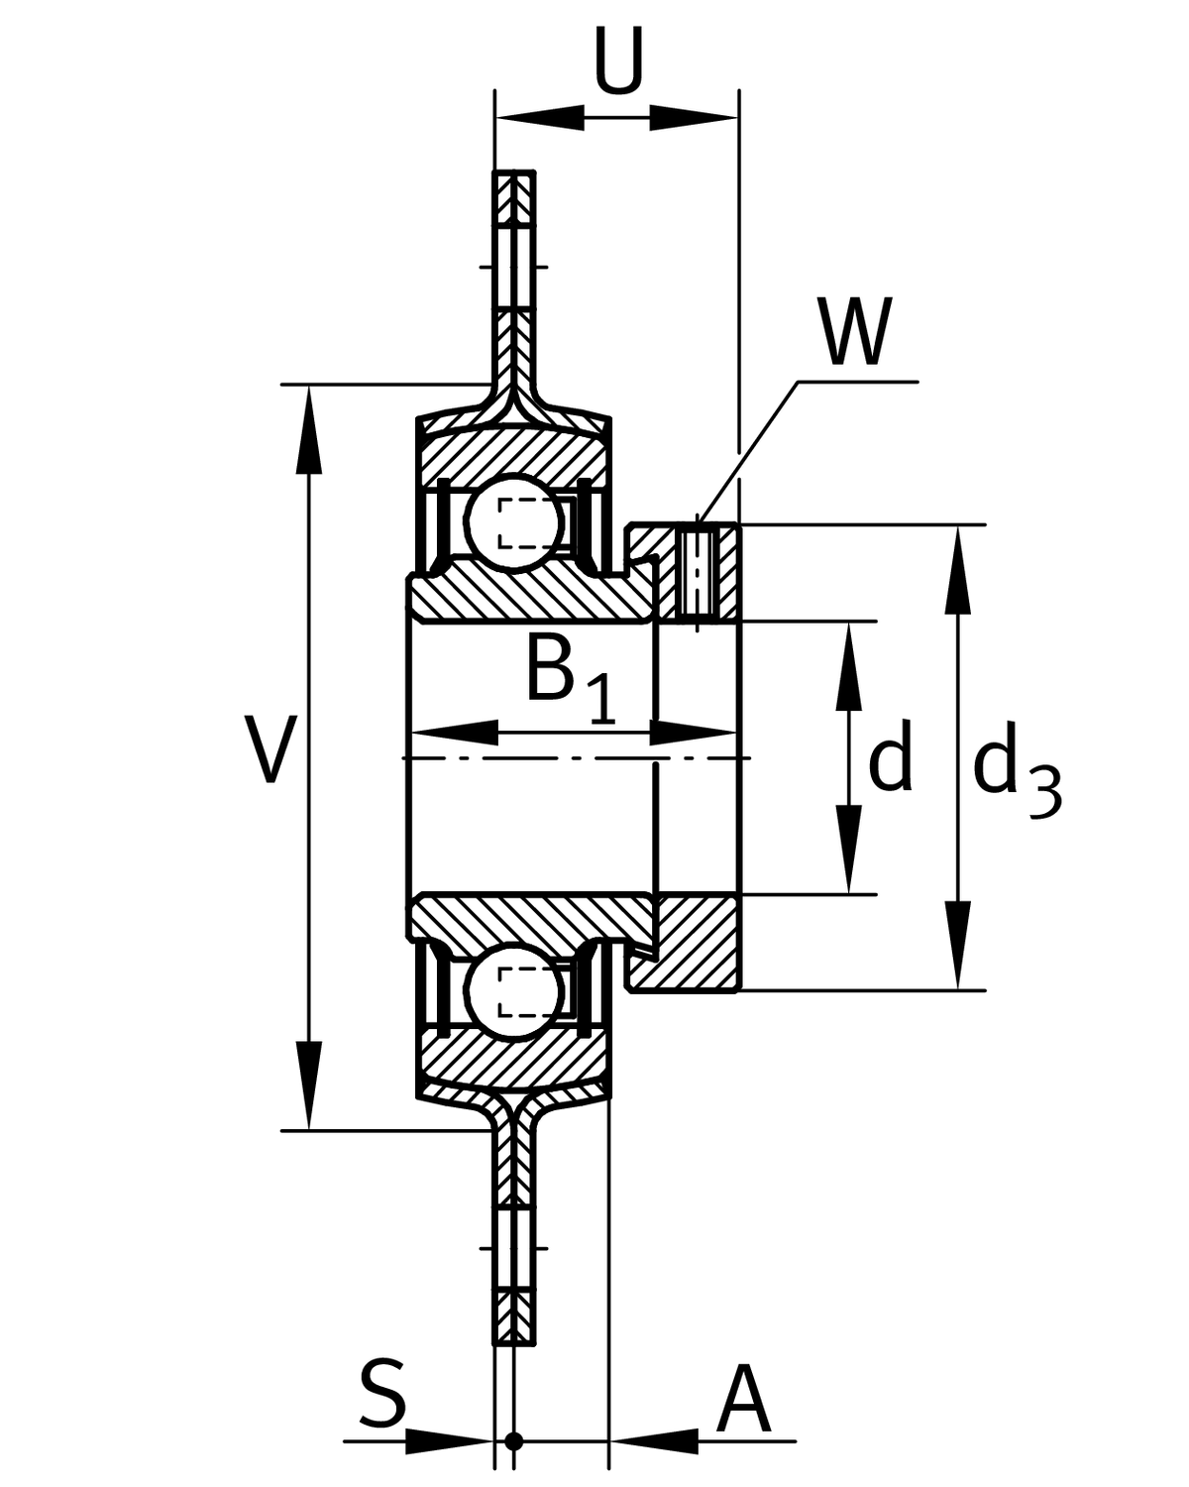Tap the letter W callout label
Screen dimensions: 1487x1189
pyautogui.click(x=854, y=332)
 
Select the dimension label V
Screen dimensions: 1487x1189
pyautogui.click(x=269, y=749)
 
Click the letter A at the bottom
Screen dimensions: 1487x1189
pyautogui.click(x=743, y=1401)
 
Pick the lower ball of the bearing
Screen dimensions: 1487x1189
pyautogui.click(x=515, y=992)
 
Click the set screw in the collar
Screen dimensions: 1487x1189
pyautogui.click(x=699, y=573)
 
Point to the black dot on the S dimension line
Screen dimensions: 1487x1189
pyautogui.click(x=512, y=1440)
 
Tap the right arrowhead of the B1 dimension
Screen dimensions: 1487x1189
pyautogui.click(x=694, y=734)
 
